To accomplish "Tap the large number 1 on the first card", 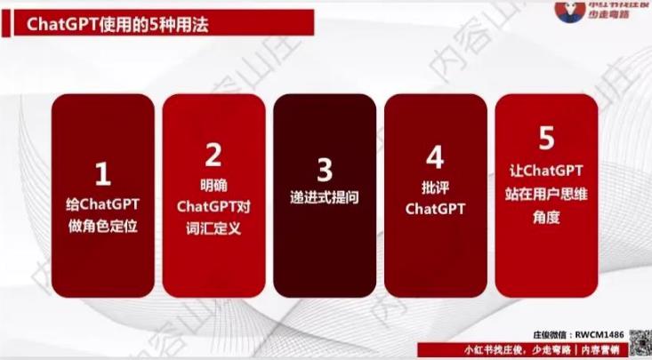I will pos(102,172).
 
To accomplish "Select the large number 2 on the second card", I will pos(213,156).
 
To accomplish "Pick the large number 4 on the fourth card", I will pos(435,158).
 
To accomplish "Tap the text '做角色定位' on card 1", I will pos(102,226).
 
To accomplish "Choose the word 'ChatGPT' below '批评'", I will pos(435,210).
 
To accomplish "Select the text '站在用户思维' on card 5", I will pos(546,190).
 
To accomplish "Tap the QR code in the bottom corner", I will pos(640,341).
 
